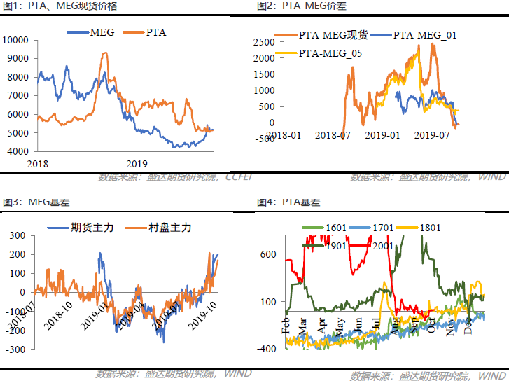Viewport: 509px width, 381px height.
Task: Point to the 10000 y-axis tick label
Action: coord(15,40)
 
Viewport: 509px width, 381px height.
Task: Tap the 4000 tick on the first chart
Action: coord(18,151)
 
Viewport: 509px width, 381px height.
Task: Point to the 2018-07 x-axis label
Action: coord(337,134)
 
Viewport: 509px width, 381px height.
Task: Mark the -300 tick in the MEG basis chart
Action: coord(15,349)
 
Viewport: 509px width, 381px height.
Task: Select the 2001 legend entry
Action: coord(381,246)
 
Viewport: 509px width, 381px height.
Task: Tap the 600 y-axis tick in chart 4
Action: coord(269,255)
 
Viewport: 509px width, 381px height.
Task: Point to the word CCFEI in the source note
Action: coord(239,178)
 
